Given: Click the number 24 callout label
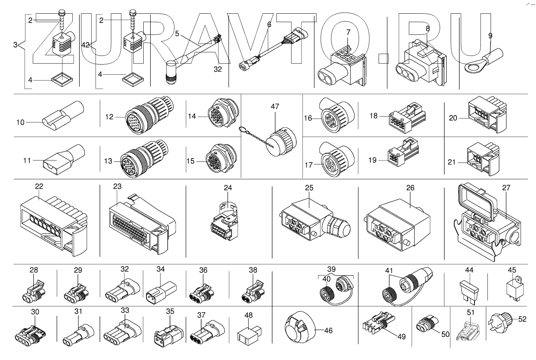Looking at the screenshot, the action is [228, 188].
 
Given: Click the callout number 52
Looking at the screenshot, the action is [522, 319].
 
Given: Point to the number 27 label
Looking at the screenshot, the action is [506, 188].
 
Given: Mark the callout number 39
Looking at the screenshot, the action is [331, 269].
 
